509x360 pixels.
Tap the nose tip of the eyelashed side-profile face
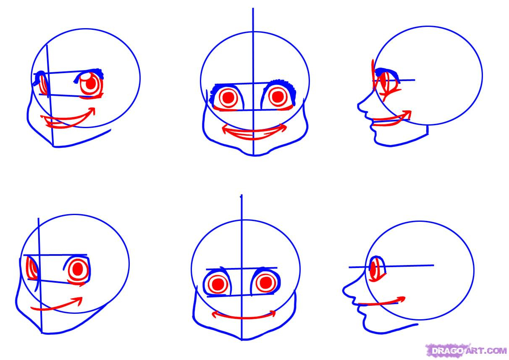pyautogui.click(x=358, y=105)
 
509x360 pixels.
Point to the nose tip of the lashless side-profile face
pyautogui.click(x=344, y=290)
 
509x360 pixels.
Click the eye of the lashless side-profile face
pyautogui.click(x=377, y=269)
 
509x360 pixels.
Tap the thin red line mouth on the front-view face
pyautogui.click(x=244, y=316)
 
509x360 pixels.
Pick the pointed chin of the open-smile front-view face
pyautogui.click(x=254, y=155)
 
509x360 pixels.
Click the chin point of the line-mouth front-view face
pyautogui.click(x=242, y=340)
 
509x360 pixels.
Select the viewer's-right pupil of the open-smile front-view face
pyautogui.click(x=277, y=97)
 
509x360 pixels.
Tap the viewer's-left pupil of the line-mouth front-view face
pyautogui.click(x=218, y=283)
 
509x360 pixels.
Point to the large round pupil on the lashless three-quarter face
pyautogui.click(x=78, y=268)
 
